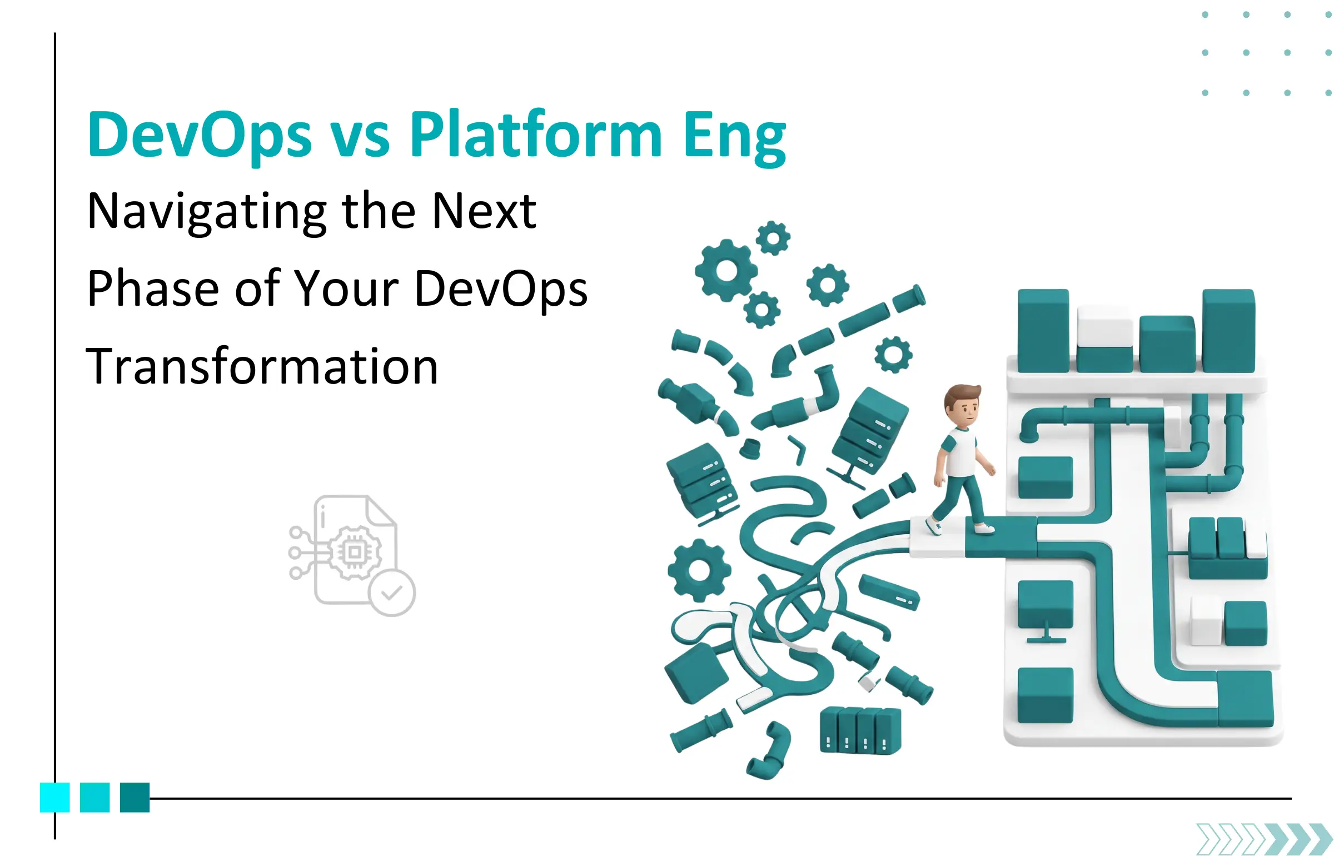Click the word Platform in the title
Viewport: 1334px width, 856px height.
(x=536, y=136)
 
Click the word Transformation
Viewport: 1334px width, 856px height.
(x=262, y=367)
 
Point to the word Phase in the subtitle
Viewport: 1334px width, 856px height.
(x=153, y=289)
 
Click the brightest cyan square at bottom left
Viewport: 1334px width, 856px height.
(x=54, y=797)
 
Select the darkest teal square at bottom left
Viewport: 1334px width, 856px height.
(x=135, y=797)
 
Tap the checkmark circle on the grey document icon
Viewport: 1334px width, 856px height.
(x=392, y=593)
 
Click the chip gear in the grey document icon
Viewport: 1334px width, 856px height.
(x=355, y=553)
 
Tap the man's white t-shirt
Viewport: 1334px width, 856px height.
(x=960, y=451)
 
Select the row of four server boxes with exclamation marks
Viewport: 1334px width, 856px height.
(x=860, y=730)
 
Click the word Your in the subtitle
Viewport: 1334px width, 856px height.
(x=346, y=289)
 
